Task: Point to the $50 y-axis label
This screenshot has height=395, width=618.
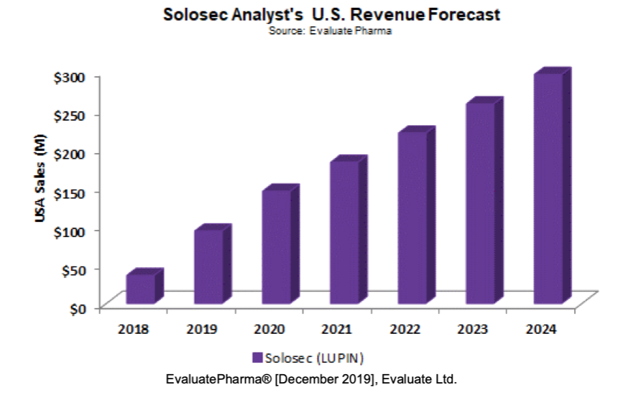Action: (73, 269)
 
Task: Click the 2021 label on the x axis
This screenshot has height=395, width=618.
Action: (336, 330)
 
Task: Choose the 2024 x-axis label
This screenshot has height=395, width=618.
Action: (540, 330)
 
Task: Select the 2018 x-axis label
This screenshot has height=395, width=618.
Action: (133, 330)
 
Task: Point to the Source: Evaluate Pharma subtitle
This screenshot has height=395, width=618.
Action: (331, 31)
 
